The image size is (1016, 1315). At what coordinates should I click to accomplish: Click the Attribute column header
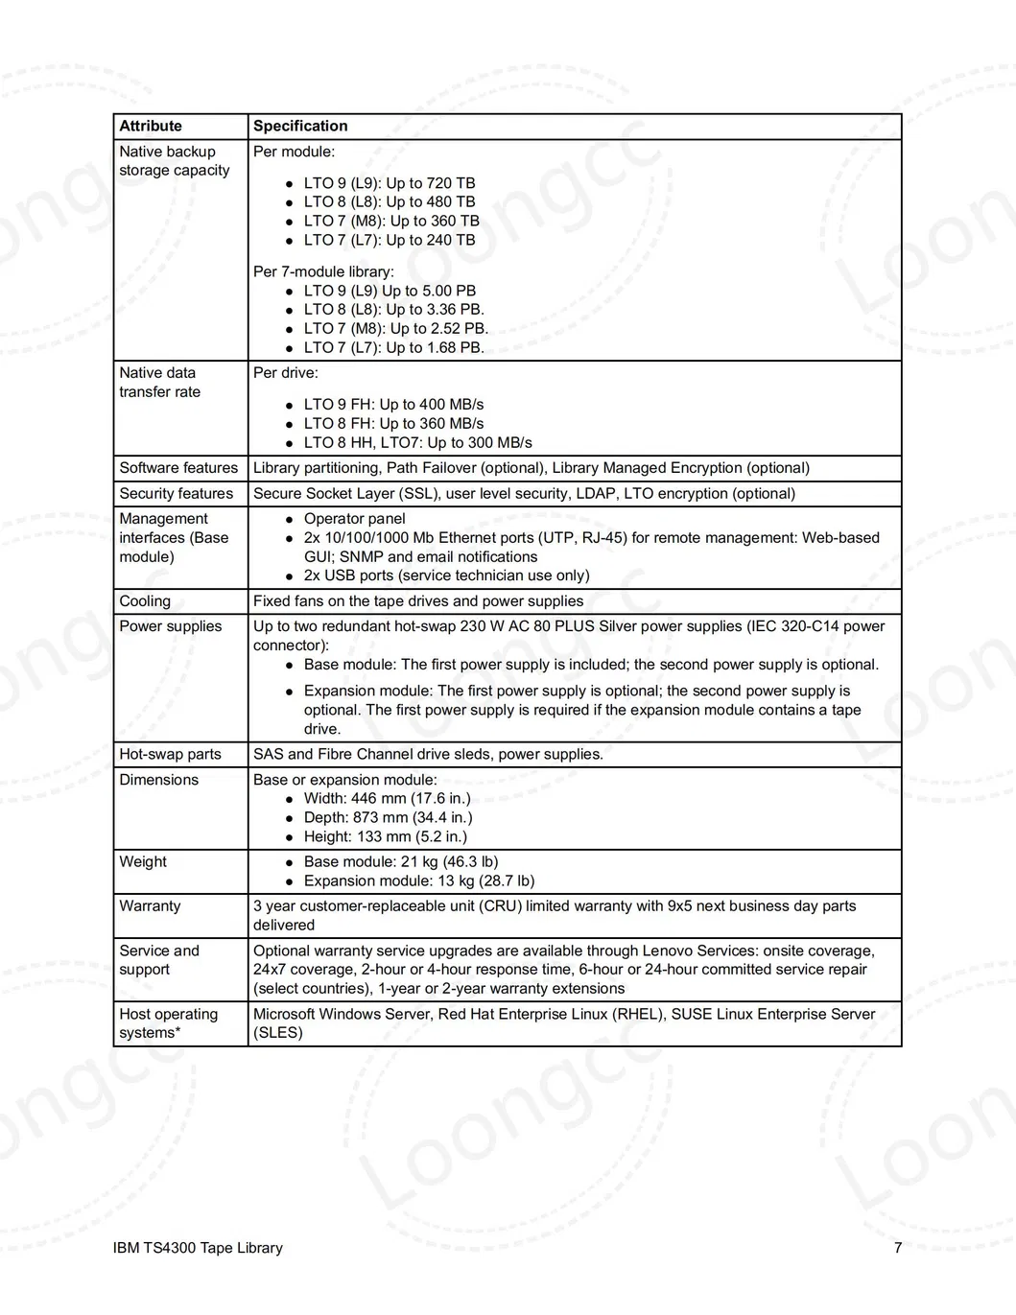tap(151, 126)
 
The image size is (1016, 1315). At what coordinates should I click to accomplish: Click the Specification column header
tap(300, 126)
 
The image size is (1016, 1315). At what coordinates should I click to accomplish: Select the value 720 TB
tap(452, 183)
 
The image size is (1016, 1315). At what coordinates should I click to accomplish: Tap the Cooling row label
tap(145, 601)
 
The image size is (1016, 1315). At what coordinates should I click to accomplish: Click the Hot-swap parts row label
tap(170, 754)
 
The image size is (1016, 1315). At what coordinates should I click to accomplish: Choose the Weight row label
tap(143, 861)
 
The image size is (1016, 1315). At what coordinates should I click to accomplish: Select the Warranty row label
tap(150, 905)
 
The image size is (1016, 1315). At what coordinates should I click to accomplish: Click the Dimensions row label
tap(158, 780)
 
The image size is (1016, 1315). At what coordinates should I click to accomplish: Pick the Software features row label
tap(178, 468)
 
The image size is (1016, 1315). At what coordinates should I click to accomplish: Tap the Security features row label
tap(177, 494)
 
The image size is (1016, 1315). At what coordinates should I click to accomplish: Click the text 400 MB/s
tap(453, 405)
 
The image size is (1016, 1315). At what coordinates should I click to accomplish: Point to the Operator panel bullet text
tap(355, 519)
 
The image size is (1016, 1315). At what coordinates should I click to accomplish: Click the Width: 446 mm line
tap(388, 798)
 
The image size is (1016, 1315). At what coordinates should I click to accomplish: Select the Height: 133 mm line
tap(386, 836)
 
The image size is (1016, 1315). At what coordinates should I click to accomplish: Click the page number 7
tap(898, 1248)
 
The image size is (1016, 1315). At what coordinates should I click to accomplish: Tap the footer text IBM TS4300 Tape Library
tap(198, 1248)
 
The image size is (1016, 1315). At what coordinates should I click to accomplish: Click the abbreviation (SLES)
tap(278, 1033)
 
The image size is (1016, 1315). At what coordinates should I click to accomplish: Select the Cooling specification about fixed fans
tap(418, 601)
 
